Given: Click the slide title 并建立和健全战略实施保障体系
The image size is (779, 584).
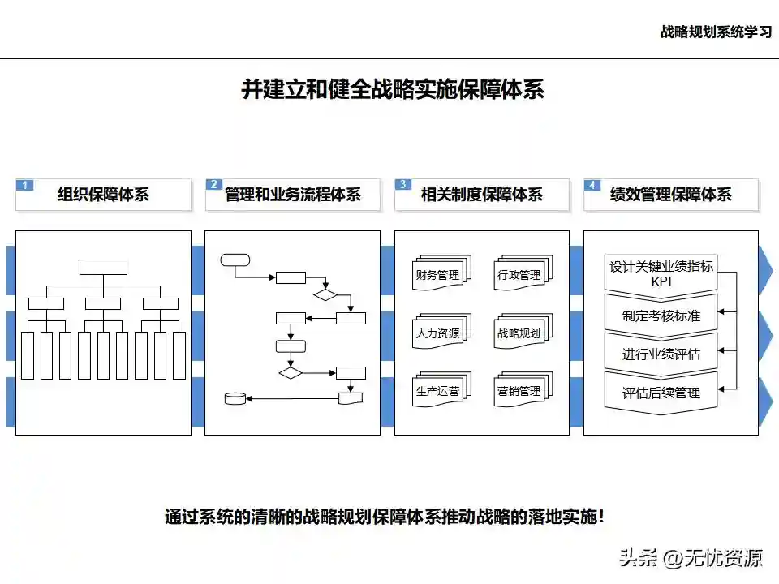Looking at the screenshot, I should point(393,89).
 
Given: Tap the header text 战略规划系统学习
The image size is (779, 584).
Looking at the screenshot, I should point(716,32).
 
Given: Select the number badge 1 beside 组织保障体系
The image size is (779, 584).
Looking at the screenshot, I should point(25,185).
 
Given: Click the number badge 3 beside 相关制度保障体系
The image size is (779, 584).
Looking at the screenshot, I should point(403,185).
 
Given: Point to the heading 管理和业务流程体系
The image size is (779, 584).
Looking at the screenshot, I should point(293,195).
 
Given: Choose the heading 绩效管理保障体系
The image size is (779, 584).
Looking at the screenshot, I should point(671,195).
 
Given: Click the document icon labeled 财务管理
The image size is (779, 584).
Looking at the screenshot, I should point(437,274).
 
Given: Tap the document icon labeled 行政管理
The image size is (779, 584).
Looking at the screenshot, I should point(519,274).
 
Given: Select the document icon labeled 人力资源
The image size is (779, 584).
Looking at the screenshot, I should point(437,332).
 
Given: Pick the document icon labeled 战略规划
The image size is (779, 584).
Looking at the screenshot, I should point(519,332).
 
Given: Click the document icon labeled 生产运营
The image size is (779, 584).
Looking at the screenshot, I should point(437,390).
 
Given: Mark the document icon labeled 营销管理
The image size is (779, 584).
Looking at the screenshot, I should point(519,390).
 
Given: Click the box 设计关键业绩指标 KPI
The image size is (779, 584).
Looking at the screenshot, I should point(661,273).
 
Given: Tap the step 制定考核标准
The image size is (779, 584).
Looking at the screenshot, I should point(661,316).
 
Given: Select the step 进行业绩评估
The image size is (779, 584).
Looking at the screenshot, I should point(661,354).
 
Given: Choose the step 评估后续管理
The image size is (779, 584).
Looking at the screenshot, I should point(661,393).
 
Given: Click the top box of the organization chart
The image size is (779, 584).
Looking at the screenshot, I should point(103,267).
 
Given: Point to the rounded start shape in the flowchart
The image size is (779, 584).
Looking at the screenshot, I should point(235,260).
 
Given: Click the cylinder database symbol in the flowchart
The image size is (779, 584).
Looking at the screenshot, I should point(235,398).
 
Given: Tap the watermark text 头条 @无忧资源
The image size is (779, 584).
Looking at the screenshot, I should point(691,557).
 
